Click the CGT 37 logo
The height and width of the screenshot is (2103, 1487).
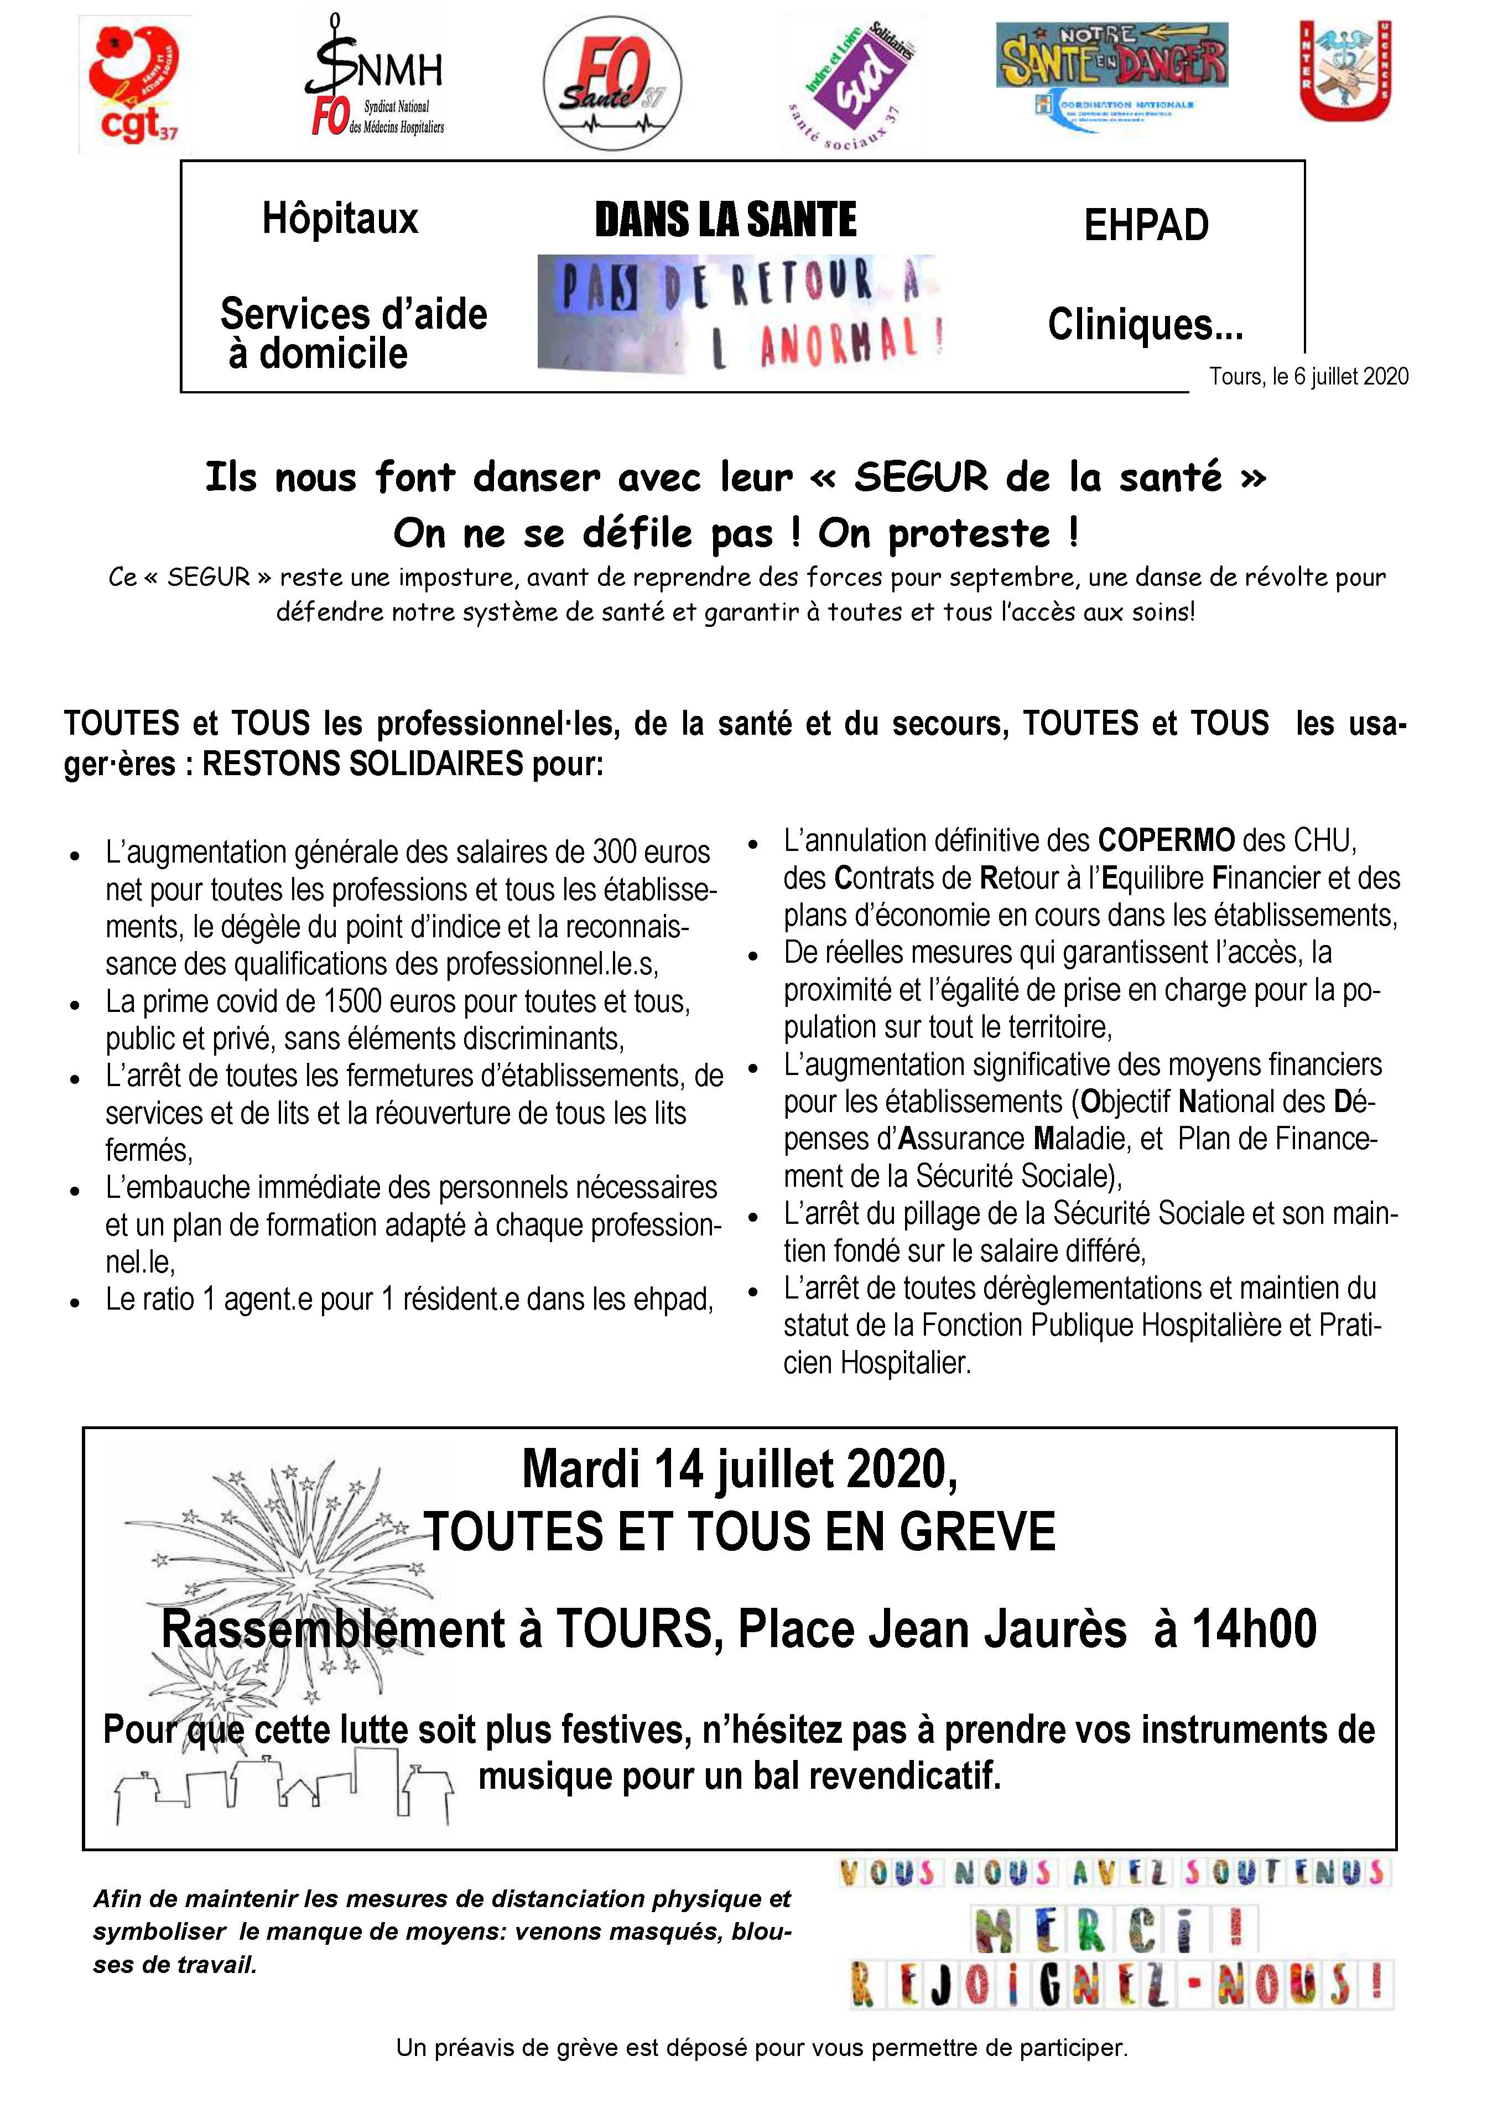click(x=134, y=84)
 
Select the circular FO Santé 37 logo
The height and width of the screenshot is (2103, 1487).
click(x=612, y=84)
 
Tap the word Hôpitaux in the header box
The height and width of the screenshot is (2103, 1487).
click(x=340, y=220)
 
